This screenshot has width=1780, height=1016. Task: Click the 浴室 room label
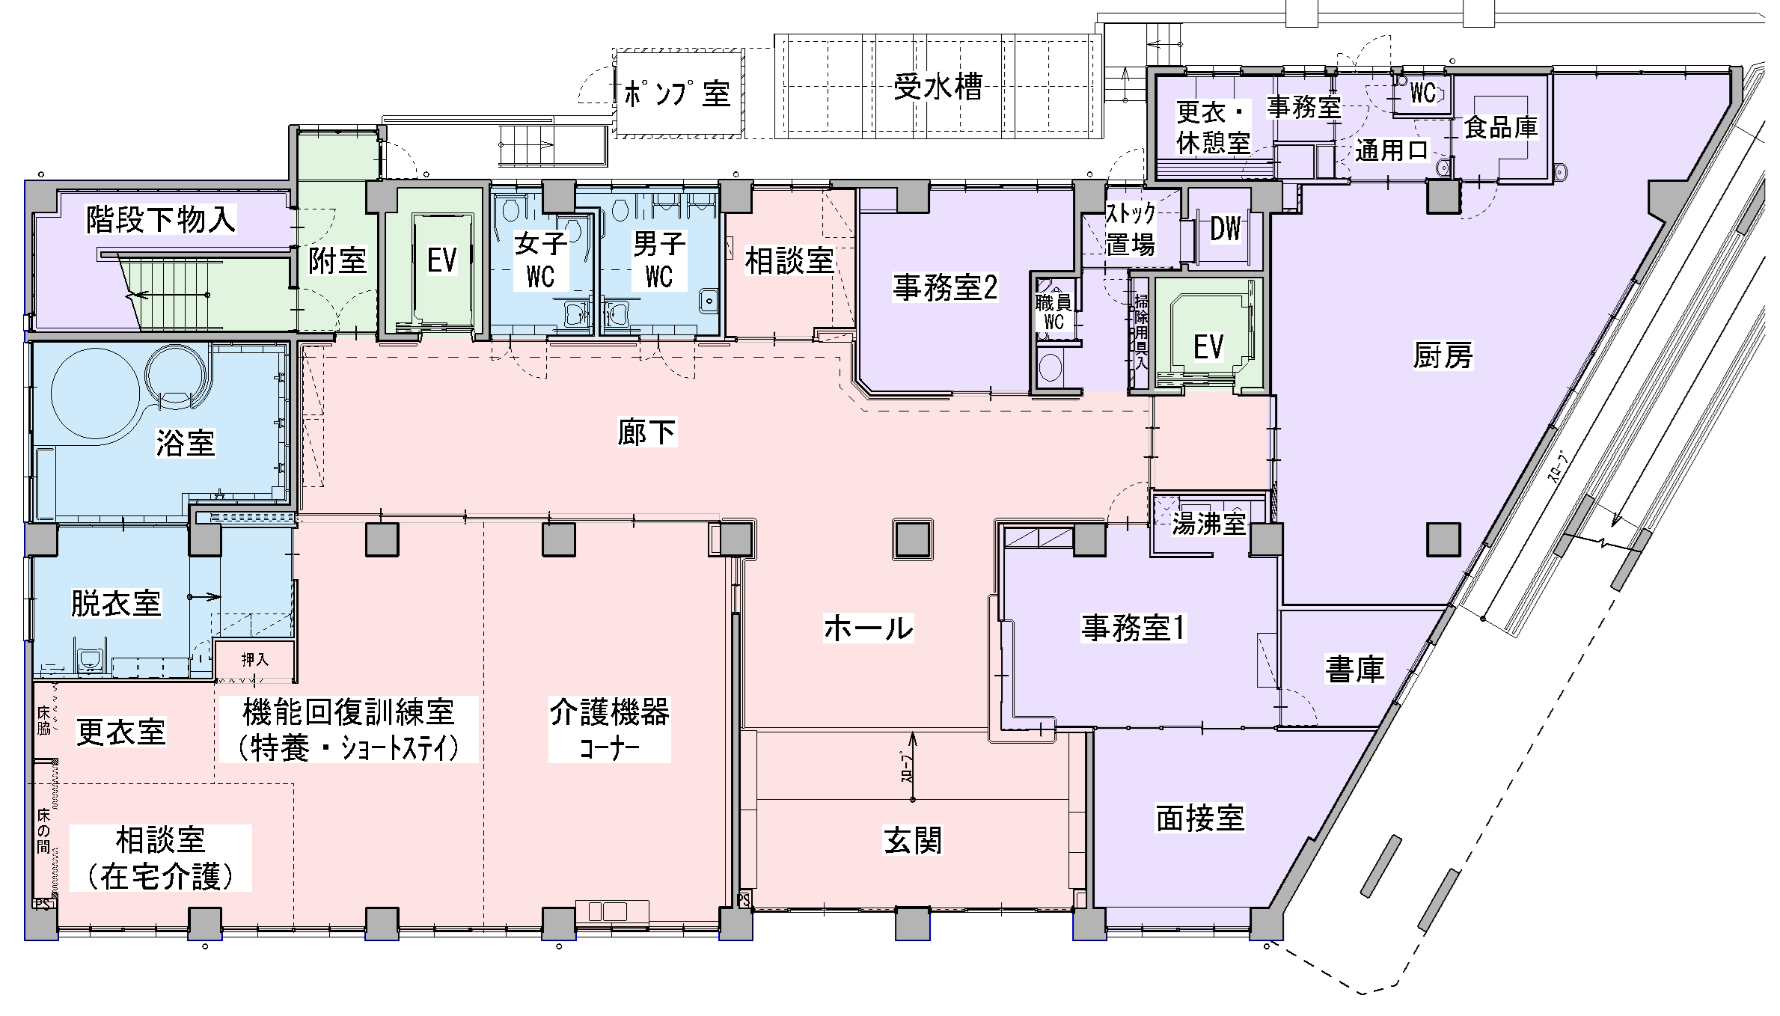185,443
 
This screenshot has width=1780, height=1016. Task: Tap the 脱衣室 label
116,602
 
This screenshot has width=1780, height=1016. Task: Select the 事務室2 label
945,287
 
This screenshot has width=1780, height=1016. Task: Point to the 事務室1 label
1134,628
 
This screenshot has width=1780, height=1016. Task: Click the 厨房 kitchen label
1442,355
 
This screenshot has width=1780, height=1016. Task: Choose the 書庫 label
1354,669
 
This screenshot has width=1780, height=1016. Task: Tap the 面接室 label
1200,818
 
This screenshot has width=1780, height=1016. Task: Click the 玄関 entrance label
913,840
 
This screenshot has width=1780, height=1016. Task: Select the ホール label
868,628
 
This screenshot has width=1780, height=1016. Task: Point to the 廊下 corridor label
646,432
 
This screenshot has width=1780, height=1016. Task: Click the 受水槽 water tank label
938,88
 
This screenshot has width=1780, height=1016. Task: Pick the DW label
1225,230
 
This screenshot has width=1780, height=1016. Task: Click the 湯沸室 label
1208,524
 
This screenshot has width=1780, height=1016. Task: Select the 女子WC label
540,260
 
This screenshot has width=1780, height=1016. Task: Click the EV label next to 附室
441,260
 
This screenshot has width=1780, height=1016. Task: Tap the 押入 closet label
254,659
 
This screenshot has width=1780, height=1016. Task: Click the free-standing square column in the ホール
912,539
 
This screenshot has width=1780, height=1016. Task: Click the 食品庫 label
1500,127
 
